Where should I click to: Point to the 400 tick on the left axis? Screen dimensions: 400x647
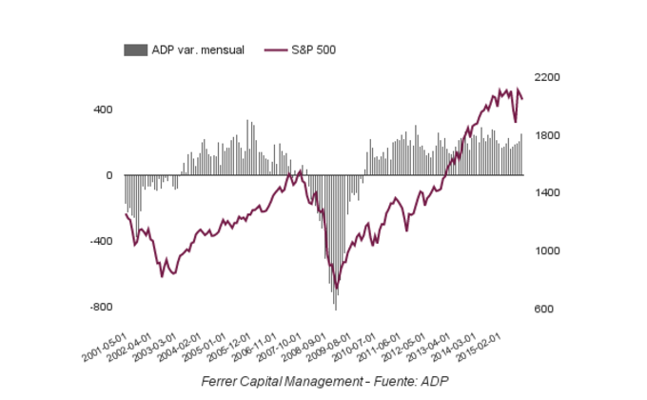click(103, 110)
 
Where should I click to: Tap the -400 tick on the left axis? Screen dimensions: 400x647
click(101, 241)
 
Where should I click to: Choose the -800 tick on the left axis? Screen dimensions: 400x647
click(101, 307)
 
